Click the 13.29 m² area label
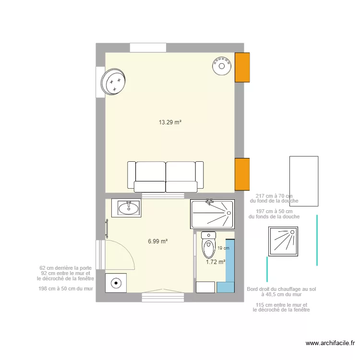[x=170, y=122]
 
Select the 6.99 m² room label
[x=157, y=241]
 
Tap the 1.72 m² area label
[x=216, y=262]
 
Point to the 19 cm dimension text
[x=223, y=248]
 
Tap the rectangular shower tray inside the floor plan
[x=212, y=214]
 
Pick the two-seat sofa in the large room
[x=166, y=177]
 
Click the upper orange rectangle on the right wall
[x=242, y=67]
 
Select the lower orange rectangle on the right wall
[x=242, y=173]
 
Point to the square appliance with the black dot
[x=116, y=283]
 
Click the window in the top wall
[x=148, y=48]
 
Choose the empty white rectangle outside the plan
[x=304, y=181]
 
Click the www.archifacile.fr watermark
[x=330, y=343]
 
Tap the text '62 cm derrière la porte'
[x=66, y=268]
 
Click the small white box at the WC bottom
[x=205, y=287]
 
